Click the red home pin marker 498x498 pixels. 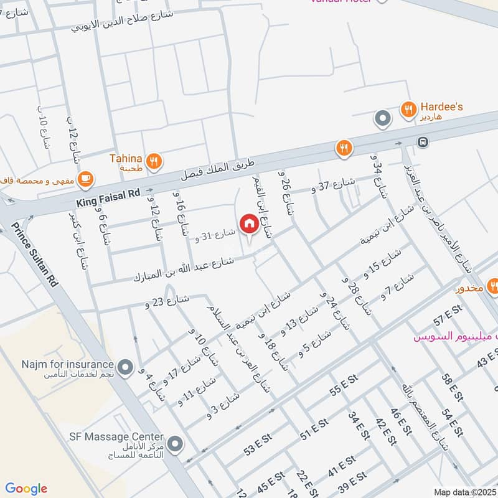pos(248,223)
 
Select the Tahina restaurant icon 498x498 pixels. pos(155,161)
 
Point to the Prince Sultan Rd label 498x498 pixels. pos(35,256)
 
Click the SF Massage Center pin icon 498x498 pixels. pos(176,444)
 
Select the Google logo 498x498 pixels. pos(26,489)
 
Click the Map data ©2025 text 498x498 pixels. pos(464,492)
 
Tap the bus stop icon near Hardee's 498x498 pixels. pos(423,141)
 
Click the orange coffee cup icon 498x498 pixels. pos(86,179)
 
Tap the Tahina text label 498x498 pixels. pos(126,159)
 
